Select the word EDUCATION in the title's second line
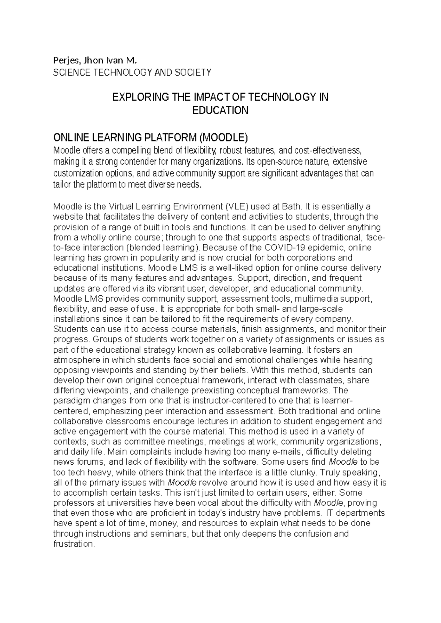220,110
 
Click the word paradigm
69,400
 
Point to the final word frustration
74,544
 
